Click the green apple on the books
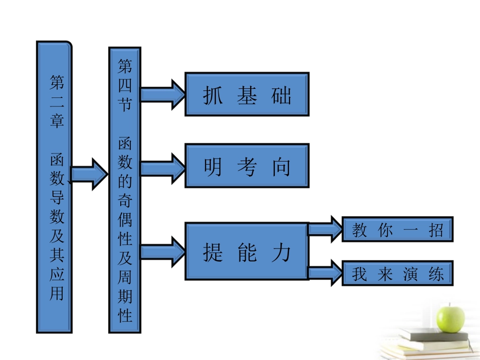pyautogui.click(x=450, y=317)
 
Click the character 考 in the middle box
pyautogui.click(x=247, y=167)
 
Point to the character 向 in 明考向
pyautogui.click(x=281, y=167)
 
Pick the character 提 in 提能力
pyautogui.click(x=213, y=251)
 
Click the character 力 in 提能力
pyautogui.click(x=281, y=251)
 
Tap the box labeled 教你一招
pyautogui.click(x=398, y=230)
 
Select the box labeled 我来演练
pyautogui.click(x=398, y=274)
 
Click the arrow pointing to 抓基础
pyautogui.click(x=163, y=94)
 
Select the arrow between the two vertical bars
pyautogui.click(x=89, y=174)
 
